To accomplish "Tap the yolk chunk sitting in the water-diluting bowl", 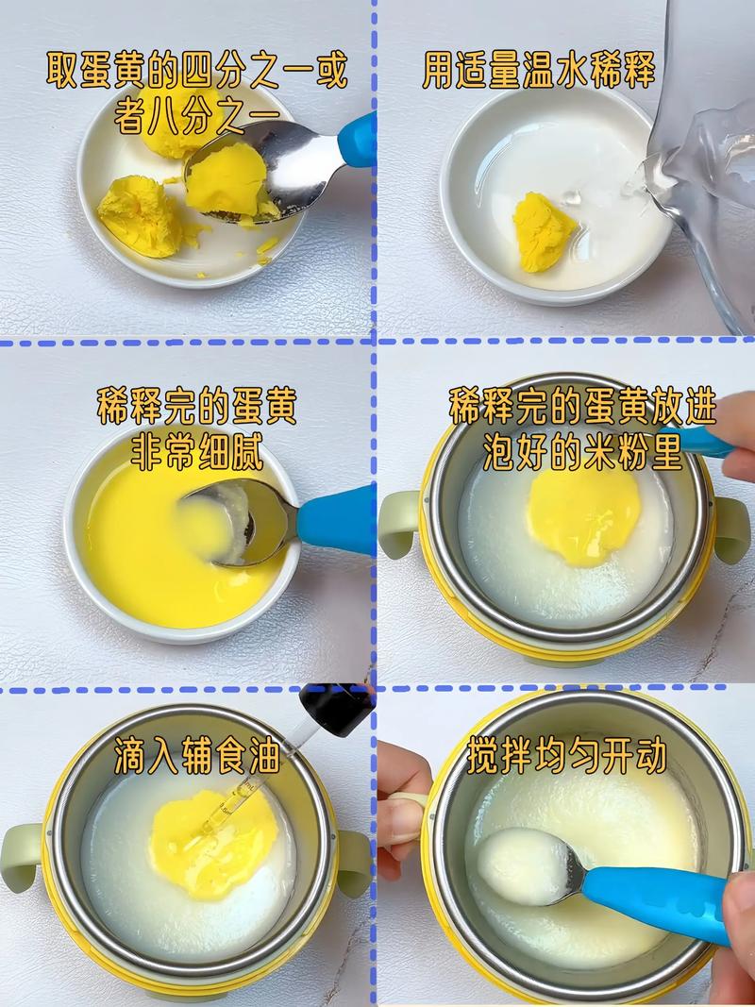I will pos(543,230).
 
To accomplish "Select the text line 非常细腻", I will pos(196,451).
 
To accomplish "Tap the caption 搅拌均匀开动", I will pos(566,755).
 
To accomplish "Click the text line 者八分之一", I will pos(196,115).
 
